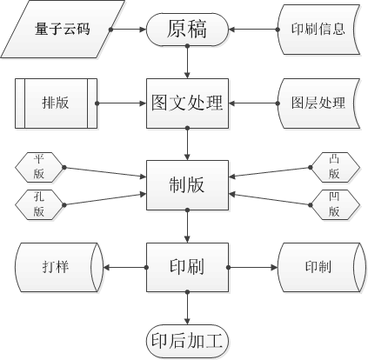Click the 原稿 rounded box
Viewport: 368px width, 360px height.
(187, 30)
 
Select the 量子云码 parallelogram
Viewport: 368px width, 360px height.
(63, 30)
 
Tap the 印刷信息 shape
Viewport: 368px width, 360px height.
(318, 30)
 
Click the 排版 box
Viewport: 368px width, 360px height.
(56, 103)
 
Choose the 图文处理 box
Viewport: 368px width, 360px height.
(187, 103)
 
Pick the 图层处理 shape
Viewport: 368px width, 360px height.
(318, 103)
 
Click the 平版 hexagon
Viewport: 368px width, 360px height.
(39, 167)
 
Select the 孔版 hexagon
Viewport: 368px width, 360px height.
(39, 204)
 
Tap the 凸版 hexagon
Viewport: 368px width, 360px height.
(335, 167)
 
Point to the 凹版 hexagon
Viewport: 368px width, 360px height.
(335, 204)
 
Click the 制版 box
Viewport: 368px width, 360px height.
(187, 185)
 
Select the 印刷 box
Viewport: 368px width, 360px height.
(187, 267)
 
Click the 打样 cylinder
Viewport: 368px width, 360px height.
(59, 267)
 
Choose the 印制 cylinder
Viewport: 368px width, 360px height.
(320, 267)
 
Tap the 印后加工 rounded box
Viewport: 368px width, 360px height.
(187, 341)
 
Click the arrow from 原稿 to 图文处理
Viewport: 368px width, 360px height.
(187, 62)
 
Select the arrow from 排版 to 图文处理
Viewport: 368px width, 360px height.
(122, 103)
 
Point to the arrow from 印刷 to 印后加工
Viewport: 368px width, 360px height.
(187, 308)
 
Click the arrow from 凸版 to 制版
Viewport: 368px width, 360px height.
(270, 172)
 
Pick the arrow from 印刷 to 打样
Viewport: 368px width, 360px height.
(125, 267)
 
